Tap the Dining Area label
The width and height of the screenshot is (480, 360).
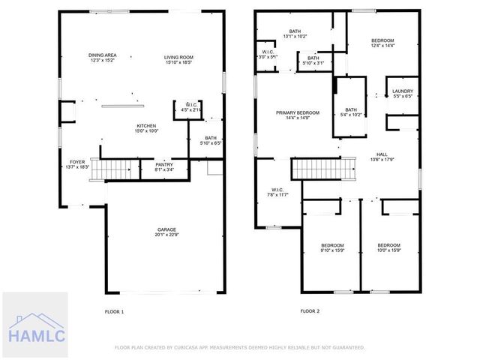102,55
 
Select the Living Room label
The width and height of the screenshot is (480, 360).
179,58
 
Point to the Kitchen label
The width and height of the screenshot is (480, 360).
146,125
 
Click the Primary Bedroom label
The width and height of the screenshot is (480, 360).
297,112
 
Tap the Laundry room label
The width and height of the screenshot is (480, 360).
402,91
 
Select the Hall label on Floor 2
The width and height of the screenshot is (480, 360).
382,154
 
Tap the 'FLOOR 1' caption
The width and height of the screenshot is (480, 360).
114,310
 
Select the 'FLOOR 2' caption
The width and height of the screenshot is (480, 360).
310,310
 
